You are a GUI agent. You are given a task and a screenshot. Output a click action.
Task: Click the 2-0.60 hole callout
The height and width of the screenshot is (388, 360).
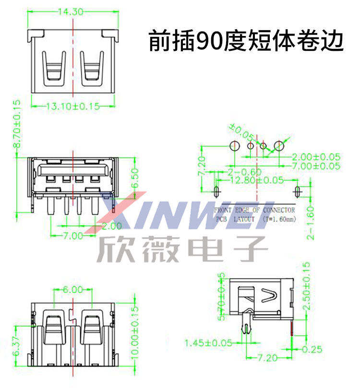pyautogui.click(x=245, y=172)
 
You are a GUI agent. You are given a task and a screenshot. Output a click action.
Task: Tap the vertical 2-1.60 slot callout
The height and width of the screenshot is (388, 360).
pyautogui.click(x=312, y=221)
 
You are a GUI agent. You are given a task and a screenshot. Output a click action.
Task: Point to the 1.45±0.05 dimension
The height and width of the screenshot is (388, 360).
pyautogui.click(x=208, y=343)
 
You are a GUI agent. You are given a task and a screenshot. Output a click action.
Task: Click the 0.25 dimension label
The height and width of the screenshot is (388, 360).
pyautogui.click(x=312, y=349)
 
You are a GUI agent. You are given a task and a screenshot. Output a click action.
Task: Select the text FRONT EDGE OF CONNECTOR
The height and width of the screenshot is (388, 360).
pyautogui.click(x=254, y=210)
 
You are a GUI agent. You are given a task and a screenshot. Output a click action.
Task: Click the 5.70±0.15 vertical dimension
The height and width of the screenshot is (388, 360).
pyautogui.click(x=221, y=296)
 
